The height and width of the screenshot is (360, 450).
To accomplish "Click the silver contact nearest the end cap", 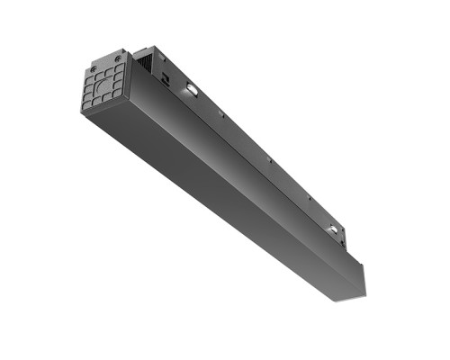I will click(x=191, y=90).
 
